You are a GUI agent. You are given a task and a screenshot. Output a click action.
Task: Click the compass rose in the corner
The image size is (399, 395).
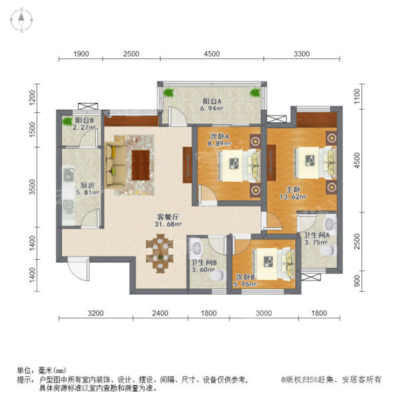22,20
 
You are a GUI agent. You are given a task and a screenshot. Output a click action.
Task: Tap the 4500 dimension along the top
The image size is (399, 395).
212,54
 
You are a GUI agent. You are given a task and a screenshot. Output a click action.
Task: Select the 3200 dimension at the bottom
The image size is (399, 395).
96,313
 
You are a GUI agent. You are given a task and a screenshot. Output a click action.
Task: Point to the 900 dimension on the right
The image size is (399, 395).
357,281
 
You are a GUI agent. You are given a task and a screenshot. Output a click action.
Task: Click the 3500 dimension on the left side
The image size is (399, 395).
32,187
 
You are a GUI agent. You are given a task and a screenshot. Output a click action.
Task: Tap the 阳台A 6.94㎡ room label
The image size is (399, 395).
212,105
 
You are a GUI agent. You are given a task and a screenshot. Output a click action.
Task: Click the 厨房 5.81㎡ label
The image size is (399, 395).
87,189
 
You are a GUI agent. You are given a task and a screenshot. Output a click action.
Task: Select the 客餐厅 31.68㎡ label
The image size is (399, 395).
168,220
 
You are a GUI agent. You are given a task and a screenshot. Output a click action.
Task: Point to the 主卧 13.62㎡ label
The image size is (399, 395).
293,193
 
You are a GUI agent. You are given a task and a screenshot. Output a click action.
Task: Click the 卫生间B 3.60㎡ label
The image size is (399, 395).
204,266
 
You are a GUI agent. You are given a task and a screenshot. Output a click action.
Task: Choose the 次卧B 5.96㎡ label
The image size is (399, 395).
245,280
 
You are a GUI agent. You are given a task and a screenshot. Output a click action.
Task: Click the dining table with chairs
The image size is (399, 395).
160,253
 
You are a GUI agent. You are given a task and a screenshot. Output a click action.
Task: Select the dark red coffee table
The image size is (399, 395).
141,165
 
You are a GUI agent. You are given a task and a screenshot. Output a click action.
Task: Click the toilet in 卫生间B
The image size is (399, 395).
218,276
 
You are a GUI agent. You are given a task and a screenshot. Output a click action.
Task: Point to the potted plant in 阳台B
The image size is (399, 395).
67,121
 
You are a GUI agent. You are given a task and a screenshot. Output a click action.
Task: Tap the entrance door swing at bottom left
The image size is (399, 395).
78,269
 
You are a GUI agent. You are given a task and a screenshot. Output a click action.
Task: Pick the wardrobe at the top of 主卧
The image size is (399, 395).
317,119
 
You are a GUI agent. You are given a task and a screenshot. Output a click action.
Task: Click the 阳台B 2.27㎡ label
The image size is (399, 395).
85,123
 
